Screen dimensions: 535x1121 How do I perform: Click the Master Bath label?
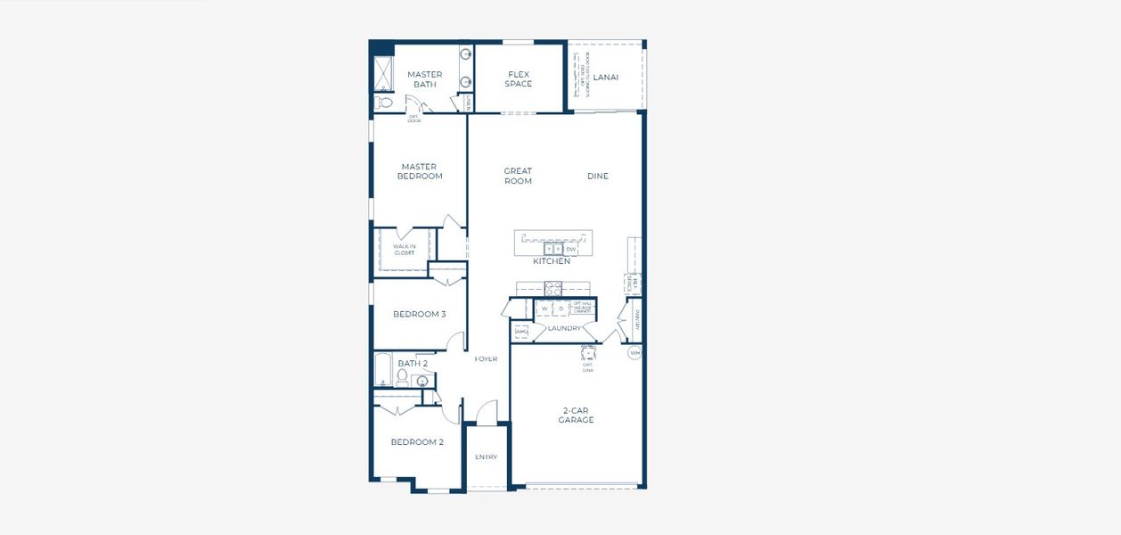tap(425, 79)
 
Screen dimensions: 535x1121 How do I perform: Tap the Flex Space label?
tap(519, 79)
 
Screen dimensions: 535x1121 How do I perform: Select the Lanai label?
tap(606, 78)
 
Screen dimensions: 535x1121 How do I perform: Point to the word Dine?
tap(598, 177)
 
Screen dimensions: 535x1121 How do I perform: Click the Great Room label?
tap(518, 176)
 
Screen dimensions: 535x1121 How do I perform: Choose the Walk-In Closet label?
tap(404, 250)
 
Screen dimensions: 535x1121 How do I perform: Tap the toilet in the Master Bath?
tap(384, 103)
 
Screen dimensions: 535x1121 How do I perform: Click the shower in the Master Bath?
tap(383, 73)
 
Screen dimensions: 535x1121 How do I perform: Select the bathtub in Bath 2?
tap(383, 369)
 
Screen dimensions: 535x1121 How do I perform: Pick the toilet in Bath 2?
tap(402, 379)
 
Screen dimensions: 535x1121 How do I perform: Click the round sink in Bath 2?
tap(422, 382)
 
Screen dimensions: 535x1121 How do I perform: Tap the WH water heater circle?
tap(634, 353)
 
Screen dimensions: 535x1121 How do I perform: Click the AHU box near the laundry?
tap(521, 331)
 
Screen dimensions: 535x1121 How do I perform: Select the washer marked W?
tap(544, 309)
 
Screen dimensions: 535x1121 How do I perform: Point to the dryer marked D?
tap(561, 309)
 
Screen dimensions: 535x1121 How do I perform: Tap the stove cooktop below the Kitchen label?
tap(553, 288)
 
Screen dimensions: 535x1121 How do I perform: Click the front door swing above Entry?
tap(486, 412)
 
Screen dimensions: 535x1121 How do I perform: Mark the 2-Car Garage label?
tap(577, 415)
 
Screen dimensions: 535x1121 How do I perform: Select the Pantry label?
tap(637, 319)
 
